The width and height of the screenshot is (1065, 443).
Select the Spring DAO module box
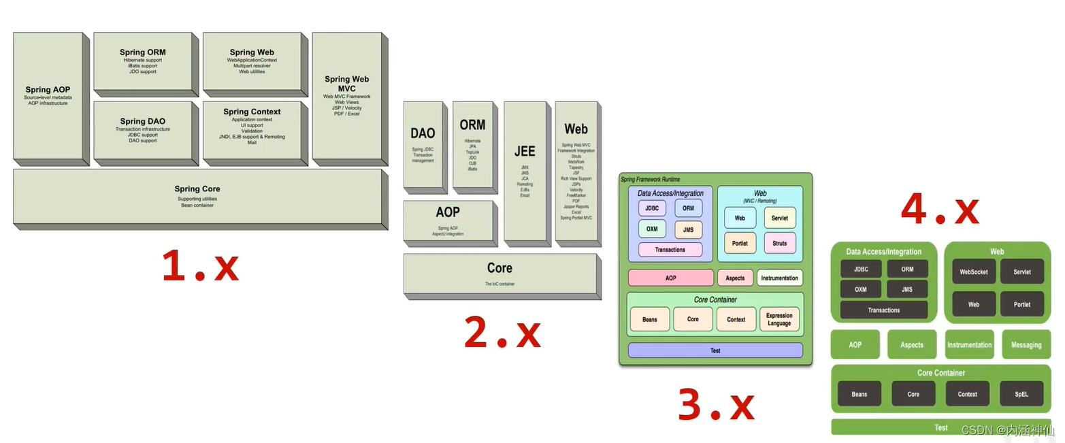143,130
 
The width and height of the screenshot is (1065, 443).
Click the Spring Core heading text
197,189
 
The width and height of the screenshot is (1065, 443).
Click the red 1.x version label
200,266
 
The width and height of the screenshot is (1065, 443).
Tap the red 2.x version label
502,333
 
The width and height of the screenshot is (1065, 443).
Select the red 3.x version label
716,406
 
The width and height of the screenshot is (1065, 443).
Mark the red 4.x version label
940,210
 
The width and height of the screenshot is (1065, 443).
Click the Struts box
780,243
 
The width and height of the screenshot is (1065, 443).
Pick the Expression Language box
779,319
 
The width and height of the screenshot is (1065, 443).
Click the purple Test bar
715,350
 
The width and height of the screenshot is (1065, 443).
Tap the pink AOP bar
670,278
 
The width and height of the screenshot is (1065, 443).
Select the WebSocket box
974,272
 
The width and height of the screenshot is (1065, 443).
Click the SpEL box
1021,393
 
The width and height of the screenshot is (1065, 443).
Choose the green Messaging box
1026,344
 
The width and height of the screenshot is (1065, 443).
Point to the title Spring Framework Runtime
650,180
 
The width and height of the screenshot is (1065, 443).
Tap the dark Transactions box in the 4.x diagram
884,310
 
